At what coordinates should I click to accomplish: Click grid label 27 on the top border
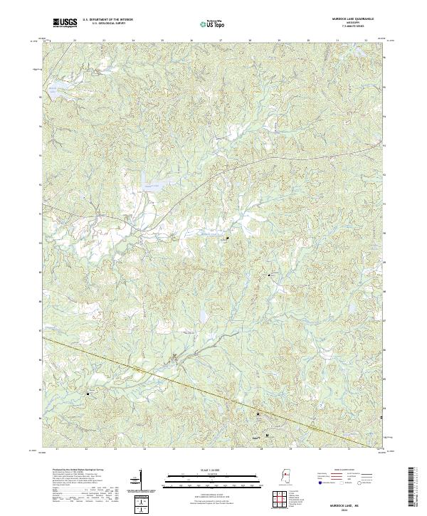pos(221,41)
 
